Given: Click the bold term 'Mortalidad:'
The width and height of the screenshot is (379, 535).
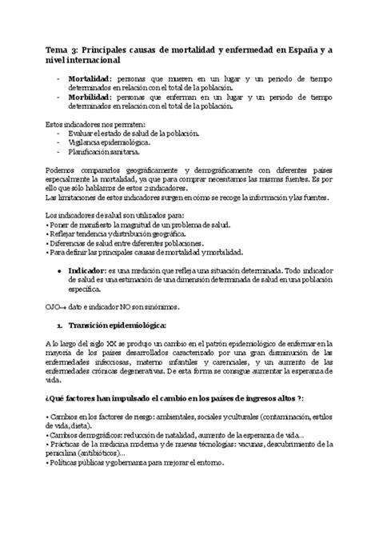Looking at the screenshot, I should coord(91,81).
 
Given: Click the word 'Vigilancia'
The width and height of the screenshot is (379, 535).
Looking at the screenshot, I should coord(86,142).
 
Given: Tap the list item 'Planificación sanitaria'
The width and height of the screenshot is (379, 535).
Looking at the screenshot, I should coord(109,150).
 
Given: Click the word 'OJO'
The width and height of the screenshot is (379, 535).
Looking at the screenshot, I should coord(52,306).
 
